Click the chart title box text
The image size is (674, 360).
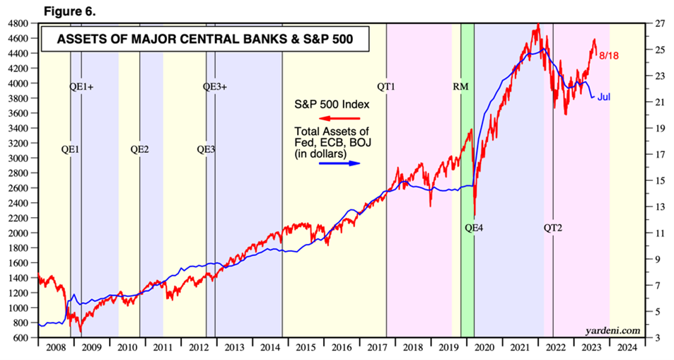[x=204, y=40]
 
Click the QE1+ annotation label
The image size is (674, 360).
[x=82, y=87]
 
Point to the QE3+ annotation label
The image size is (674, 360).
[x=215, y=87]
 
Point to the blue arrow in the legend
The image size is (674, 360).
[x=339, y=163]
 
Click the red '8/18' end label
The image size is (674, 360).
[x=609, y=54]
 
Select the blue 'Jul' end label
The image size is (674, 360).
[x=605, y=96]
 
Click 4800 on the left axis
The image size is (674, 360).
[x=18, y=23]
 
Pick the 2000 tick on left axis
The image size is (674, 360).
[x=18, y=233]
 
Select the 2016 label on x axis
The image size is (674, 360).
[x=342, y=348]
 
